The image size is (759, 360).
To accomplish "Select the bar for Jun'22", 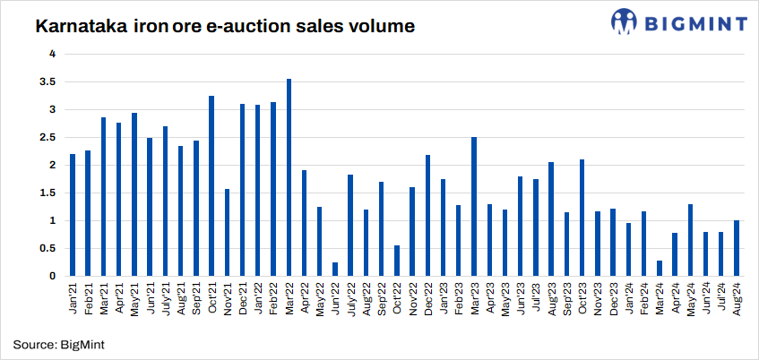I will coord(335,269).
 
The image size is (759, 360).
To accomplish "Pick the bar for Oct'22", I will coord(397,261).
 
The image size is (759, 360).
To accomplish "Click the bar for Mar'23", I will coord(474,206).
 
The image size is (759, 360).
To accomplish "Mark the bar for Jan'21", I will coord(73,215).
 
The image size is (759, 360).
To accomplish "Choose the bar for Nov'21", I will coord(228,232).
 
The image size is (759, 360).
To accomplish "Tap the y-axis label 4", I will coord(53,54).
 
